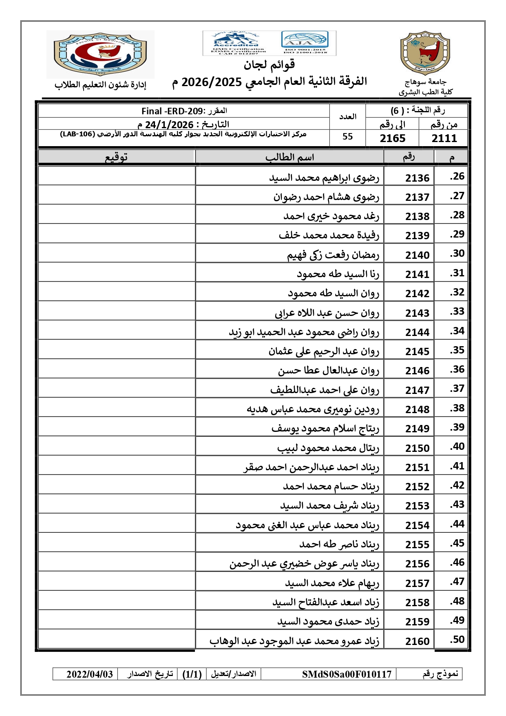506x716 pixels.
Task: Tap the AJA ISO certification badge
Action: point(305,42)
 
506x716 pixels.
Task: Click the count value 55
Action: point(347,137)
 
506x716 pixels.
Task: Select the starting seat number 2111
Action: point(444,138)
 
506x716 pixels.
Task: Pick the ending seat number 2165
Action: point(393,138)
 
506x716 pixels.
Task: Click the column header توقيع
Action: point(117,157)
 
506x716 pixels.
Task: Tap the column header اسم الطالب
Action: point(289,157)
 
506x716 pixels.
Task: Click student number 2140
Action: point(417,255)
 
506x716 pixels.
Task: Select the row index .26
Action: point(457,176)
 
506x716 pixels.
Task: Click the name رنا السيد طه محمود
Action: point(338,274)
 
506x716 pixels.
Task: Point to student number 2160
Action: point(417,641)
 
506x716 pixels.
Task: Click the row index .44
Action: point(457,524)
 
